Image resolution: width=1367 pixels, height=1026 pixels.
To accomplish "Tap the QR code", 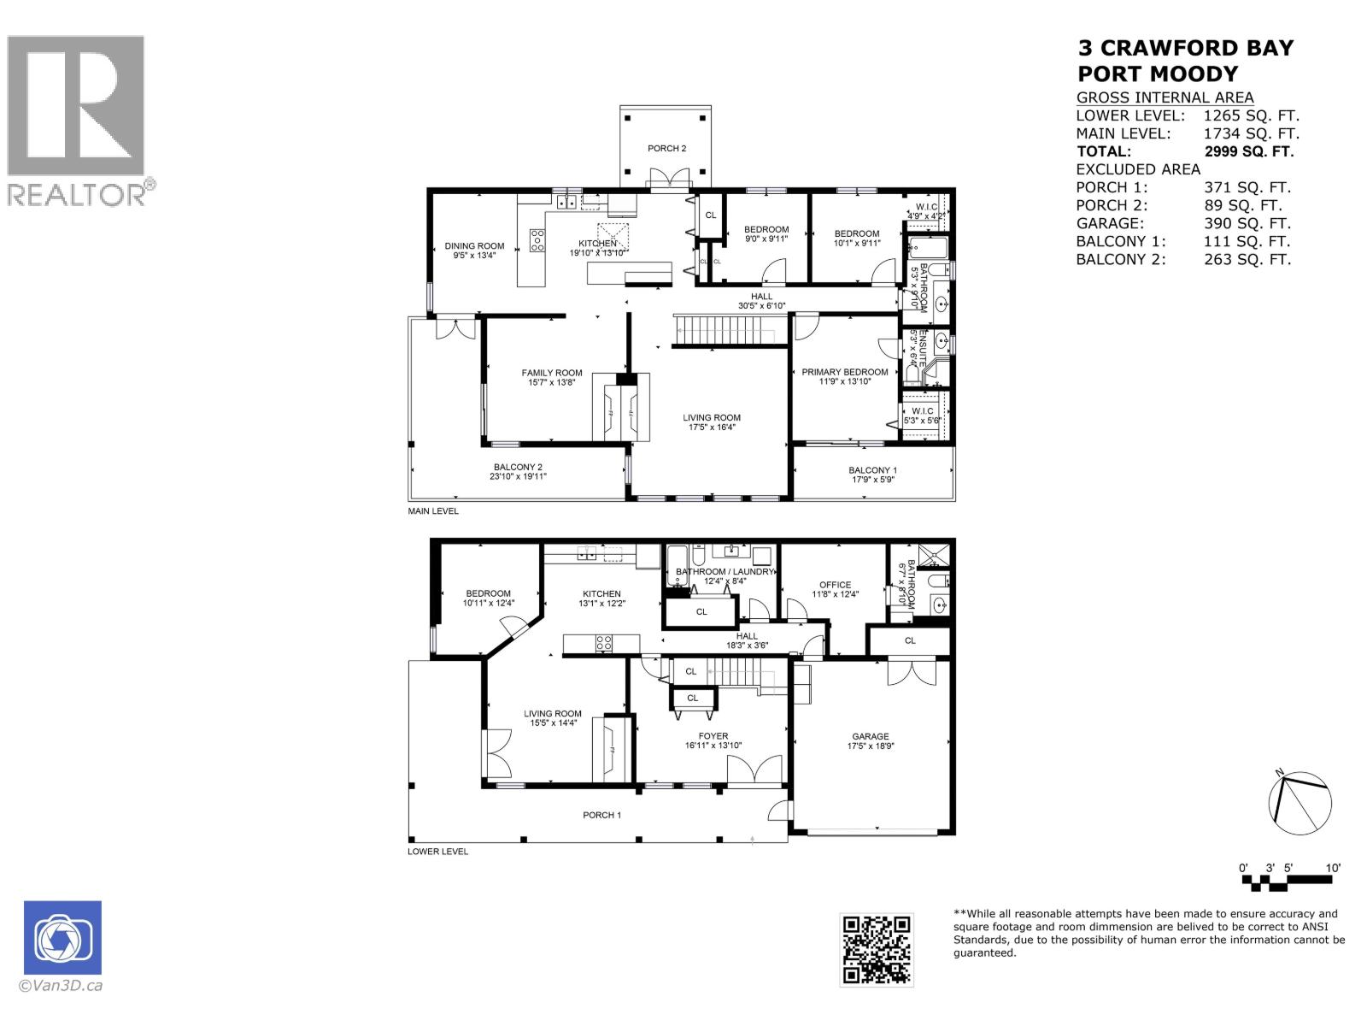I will coord(876,950).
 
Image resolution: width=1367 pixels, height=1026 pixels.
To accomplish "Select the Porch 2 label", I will coord(666,149).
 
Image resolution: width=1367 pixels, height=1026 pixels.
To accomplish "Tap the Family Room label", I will coord(552,373).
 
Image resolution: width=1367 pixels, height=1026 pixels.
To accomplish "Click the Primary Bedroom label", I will coord(844,372).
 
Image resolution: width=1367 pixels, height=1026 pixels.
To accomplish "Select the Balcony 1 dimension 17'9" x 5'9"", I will coord(872,480).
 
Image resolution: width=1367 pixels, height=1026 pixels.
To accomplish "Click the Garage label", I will coord(870,736).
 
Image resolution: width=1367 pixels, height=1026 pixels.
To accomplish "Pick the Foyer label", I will coord(713,736).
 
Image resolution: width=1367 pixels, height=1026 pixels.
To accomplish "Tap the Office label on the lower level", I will coord(835,585).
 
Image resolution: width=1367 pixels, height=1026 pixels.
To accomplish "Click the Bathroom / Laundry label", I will coord(725,572).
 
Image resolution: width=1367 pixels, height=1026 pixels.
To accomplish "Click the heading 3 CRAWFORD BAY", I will coord(1186,48).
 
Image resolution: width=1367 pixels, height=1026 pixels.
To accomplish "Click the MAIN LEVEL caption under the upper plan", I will coord(433,511).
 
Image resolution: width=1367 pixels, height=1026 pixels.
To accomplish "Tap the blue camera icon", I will coord(62,938).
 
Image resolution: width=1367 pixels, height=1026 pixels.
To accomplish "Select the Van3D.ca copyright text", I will coord(62,985).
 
